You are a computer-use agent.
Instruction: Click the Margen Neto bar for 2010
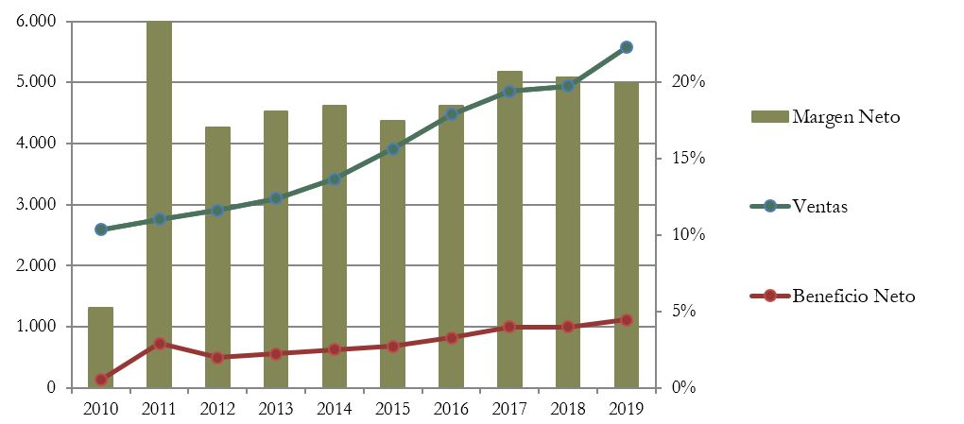[x=101, y=348]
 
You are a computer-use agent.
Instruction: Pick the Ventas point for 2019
[x=626, y=47]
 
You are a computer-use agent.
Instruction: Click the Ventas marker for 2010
[x=101, y=229]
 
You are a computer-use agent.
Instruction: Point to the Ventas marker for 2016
[x=451, y=114]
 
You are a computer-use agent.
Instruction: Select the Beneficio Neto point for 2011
[x=160, y=344]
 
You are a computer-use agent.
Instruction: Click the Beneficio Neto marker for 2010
[x=101, y=380]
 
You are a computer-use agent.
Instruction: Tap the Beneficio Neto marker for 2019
[x=626, y=320]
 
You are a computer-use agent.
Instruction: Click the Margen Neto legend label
[x=846, y=117]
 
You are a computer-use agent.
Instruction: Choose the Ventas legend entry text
[x=819, y=207]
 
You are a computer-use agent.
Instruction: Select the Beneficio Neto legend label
[x=854, y=297]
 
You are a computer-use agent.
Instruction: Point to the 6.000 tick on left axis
[x=37, y=21]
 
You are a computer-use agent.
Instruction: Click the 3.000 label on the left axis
[x=37, y=205]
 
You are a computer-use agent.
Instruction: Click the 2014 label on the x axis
[x=334, y=409]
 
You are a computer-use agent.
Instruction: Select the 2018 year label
[x=567, y=409]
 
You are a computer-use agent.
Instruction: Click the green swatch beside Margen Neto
[x=768, y=117]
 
